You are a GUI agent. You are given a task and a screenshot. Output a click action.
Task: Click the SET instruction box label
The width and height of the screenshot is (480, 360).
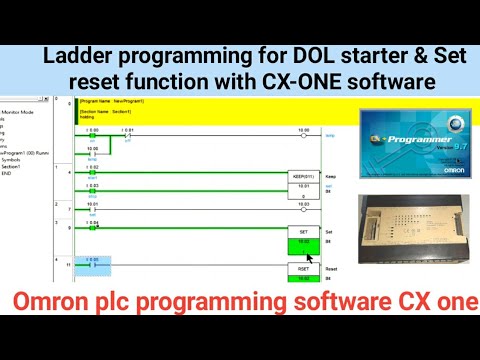coord(303,232)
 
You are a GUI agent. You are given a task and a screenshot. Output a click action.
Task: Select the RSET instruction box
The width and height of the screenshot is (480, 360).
coord(303,269)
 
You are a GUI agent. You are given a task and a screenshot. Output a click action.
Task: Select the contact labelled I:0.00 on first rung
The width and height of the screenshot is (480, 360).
coord(92,133)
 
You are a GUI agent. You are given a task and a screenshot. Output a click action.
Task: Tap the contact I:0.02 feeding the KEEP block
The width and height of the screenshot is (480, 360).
coord(93,171)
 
